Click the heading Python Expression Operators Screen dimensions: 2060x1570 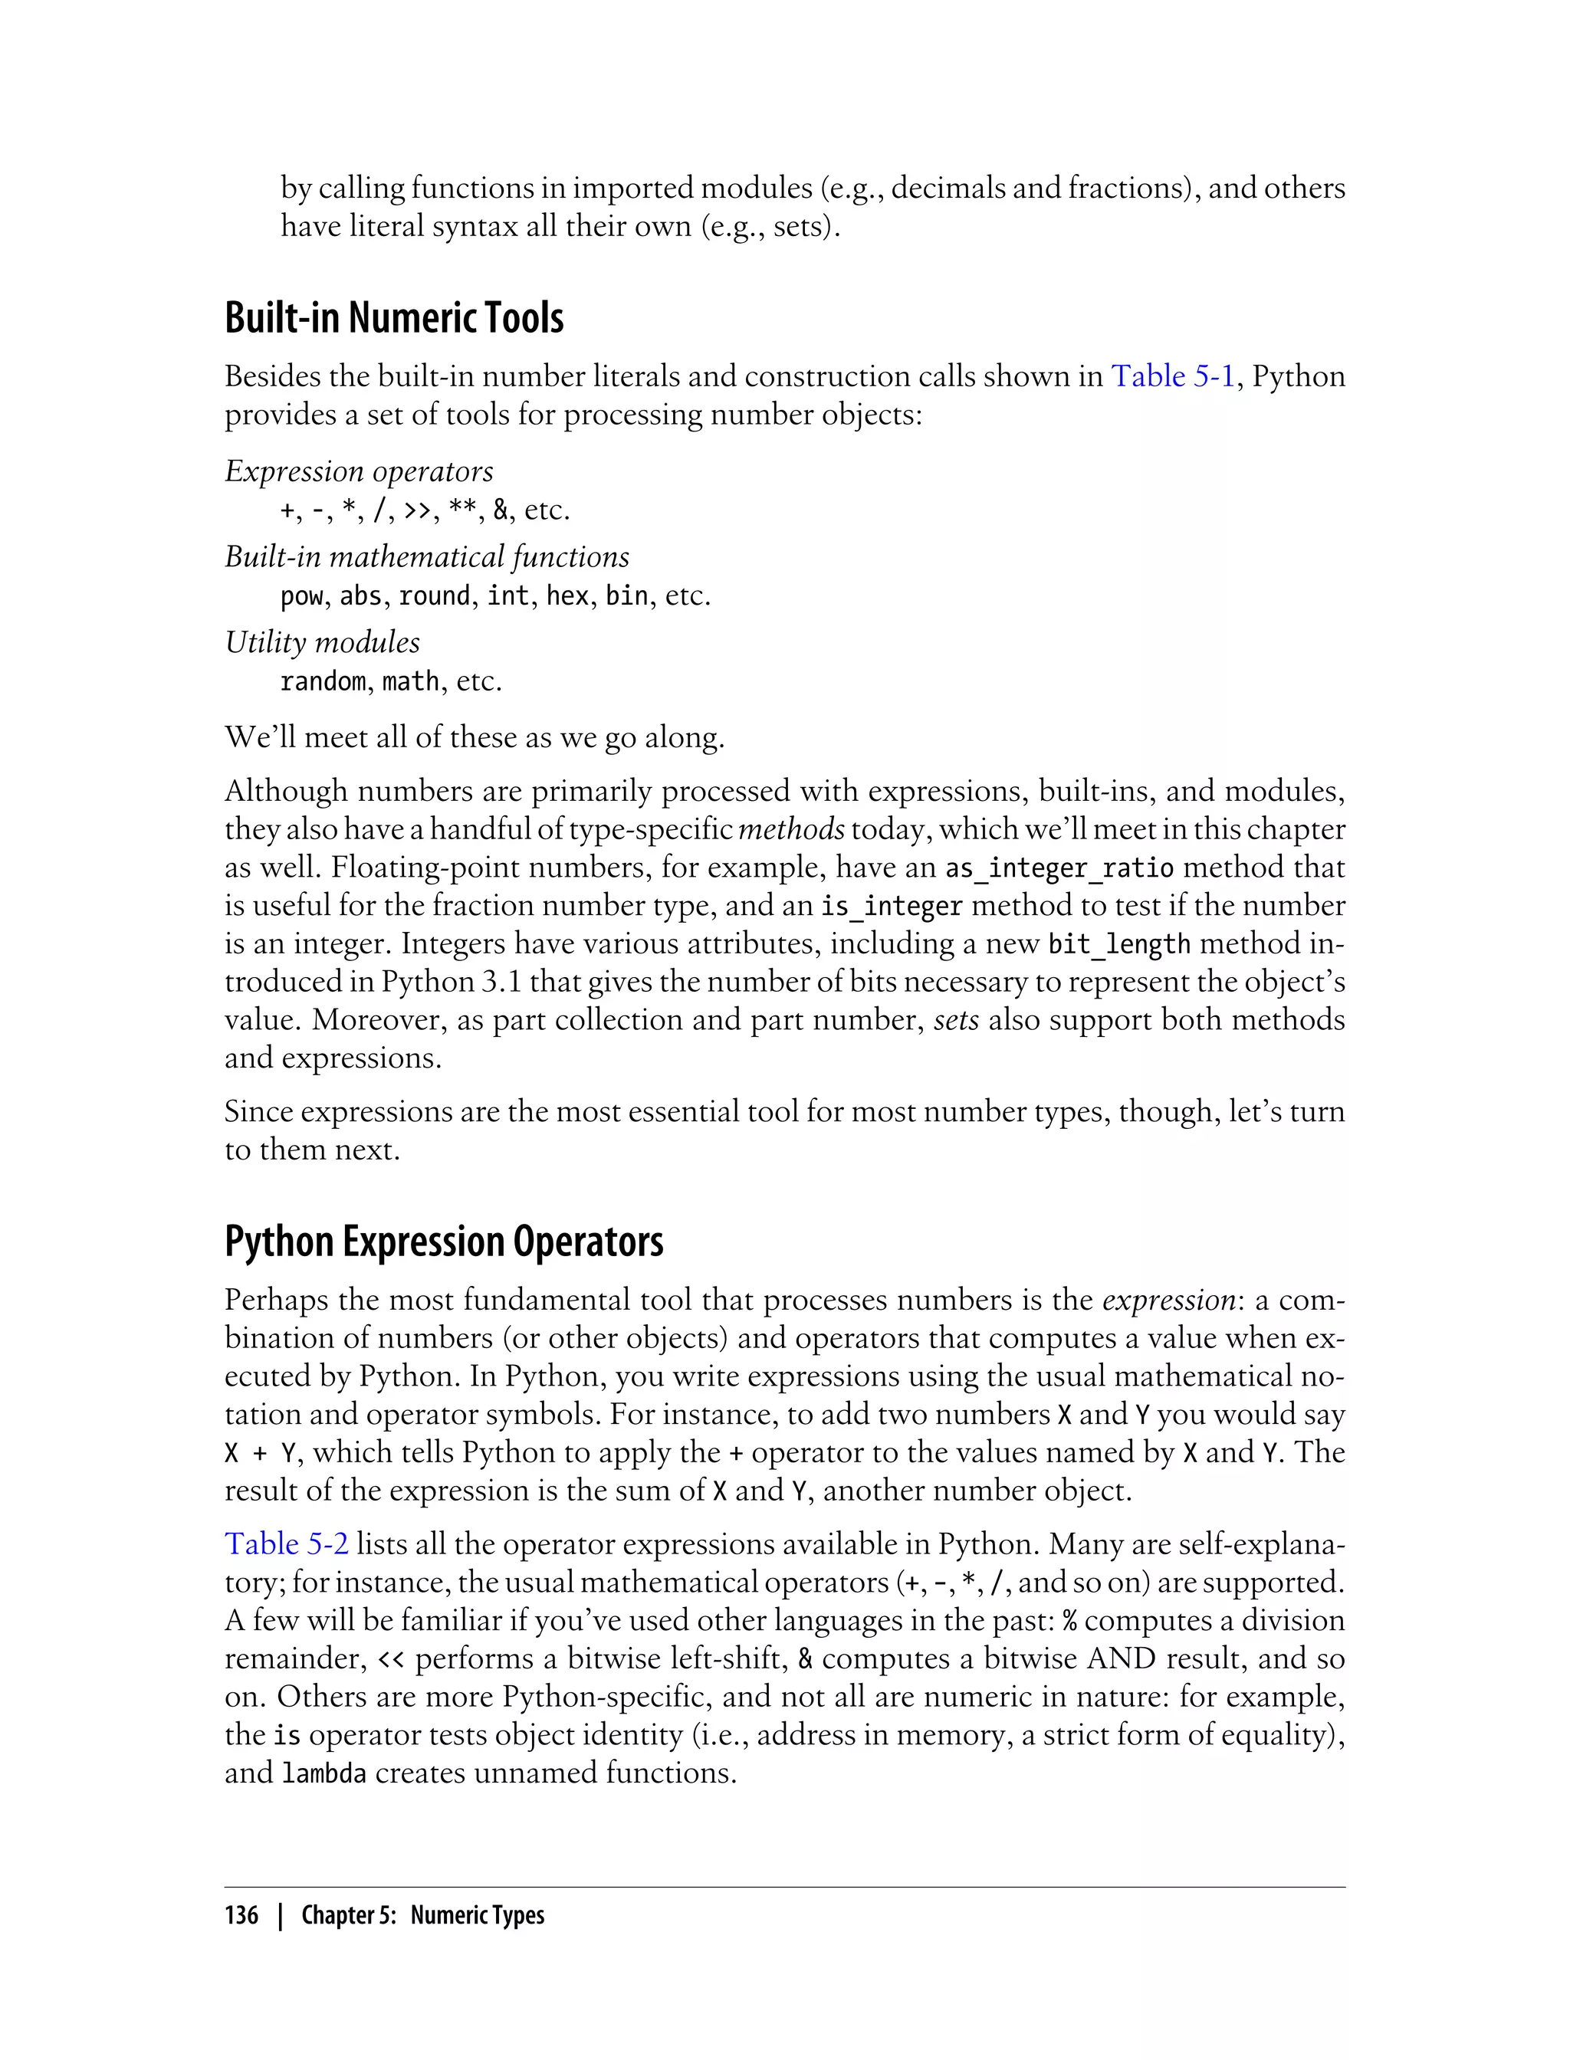pyautogui.click(x=444, y=1242)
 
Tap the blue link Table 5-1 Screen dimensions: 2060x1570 pyautogui.click(x=1172, y=376)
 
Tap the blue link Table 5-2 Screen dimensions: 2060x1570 pyautogui.click(x=286, y=1543)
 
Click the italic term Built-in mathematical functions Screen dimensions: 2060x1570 pyautogui.click(x=427, y=557)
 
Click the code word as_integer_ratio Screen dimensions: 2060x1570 pyautogui.click(x=1059, y=868)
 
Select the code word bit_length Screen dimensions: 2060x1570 pyautogui.click(x=1118, y=944)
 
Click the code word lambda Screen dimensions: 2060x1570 pyautogui.click(x=324, y=1773)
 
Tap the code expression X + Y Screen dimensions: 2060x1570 pyautogui.click(x=261, y=1453)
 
